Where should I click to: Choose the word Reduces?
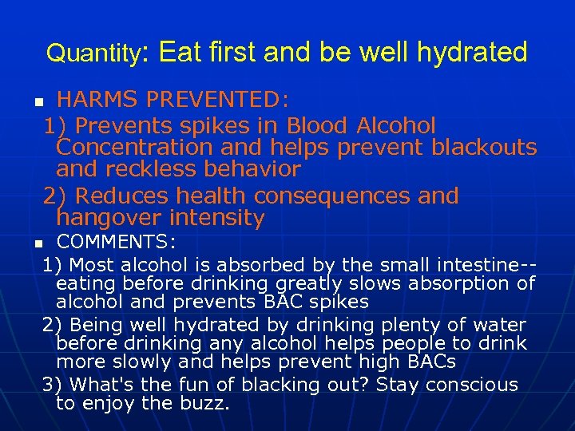(125, 196)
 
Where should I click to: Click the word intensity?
(215, 218)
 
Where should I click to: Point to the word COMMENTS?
(116, 241)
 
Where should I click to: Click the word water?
(498, 325)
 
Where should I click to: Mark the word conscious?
(474, 385)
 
